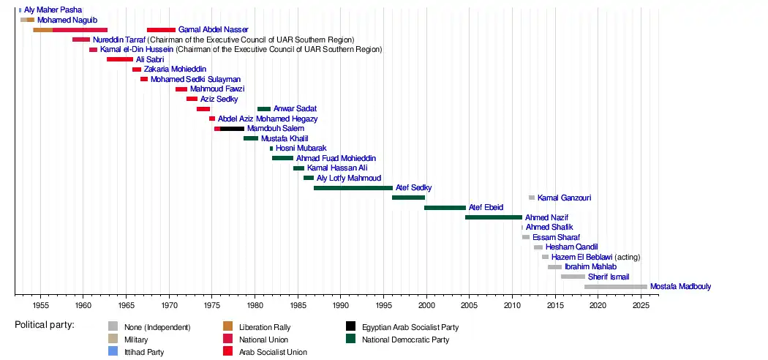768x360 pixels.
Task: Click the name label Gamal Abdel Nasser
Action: [213, 29]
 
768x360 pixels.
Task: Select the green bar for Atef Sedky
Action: [353, 188]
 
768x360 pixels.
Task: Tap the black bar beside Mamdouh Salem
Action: [232, 129]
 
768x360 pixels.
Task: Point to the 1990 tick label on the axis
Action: [341, 304]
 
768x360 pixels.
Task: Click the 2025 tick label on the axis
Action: [641, 304]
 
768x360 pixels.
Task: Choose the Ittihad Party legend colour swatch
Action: [113, 352]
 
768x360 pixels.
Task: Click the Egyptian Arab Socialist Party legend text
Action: [410, 327]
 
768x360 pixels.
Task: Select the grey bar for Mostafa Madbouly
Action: [616, 287]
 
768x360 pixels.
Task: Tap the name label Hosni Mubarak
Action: [301, 148]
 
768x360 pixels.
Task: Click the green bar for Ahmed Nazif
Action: [494, 217]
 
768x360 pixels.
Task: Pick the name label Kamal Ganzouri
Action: [564, 198]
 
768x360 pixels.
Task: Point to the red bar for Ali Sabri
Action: [120, 59]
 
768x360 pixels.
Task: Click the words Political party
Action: [45, 324]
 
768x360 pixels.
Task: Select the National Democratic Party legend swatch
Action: [351, 340]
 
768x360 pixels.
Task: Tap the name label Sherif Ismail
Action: [609, 277]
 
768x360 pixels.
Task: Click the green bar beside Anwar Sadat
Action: [264, 109]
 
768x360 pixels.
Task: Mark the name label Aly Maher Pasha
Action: [53, 10]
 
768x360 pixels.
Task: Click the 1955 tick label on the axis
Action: [40, 304]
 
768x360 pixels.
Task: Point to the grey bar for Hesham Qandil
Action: [538, 247]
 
